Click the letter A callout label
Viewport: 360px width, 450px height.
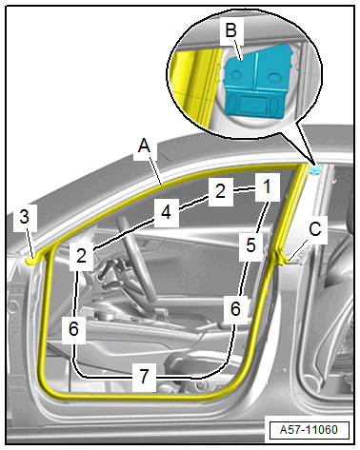tap(144, 147)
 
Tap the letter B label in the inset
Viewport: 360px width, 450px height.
tap(231, 30)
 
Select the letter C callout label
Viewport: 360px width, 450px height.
tap(315, 229)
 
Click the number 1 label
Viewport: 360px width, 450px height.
tap(268, 186)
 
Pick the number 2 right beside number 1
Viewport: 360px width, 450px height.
tap(220, 191)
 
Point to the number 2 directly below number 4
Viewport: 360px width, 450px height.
tap(81, 256)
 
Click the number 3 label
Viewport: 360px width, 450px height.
tap(25, 217)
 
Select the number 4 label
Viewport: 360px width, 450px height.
tap(166, 212)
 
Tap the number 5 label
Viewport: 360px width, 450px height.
tap(250, 245)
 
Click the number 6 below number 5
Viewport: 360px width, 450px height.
tap(235, 308)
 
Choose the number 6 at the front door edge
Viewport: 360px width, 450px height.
tap(73, 328)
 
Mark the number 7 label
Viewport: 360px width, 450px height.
tap(144, 376)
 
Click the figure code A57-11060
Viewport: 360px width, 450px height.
tap(309, 430)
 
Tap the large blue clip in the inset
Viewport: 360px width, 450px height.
tap(256, 82)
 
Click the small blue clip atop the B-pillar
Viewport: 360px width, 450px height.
tap(315, 169)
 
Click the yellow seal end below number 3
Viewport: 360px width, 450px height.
tap(30, 261)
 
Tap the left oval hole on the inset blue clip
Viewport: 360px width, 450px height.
tap(235, 75)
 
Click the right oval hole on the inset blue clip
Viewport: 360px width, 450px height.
tap(273, 76)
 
